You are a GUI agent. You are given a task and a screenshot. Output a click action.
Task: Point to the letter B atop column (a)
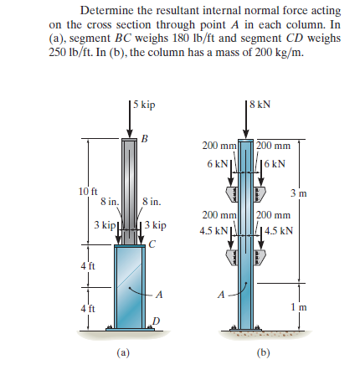(145, 139)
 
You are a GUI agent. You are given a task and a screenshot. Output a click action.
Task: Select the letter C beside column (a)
(151, 244)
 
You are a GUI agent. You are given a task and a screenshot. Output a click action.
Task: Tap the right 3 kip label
(157, 226)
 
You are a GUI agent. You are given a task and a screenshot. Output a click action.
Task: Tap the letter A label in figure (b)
(220, 295)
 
